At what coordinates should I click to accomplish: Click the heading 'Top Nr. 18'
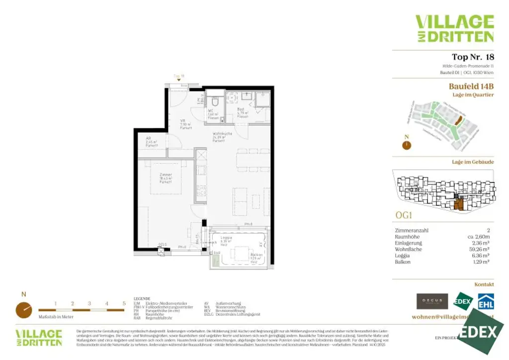pos(473,57)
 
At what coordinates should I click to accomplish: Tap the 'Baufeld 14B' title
pos(471,86)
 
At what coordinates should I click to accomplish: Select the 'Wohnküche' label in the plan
pos(220,134)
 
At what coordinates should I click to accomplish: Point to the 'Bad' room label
pos(240,109)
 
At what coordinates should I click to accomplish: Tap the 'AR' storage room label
pos(148,139)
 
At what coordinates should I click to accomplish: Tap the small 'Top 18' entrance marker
pos(179,76)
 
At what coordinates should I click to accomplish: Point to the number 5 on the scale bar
pos(124,303)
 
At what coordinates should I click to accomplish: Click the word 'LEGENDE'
pos(142,299)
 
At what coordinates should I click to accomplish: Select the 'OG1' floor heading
pos(404,216)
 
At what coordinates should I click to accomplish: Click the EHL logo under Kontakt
pos(486,301)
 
